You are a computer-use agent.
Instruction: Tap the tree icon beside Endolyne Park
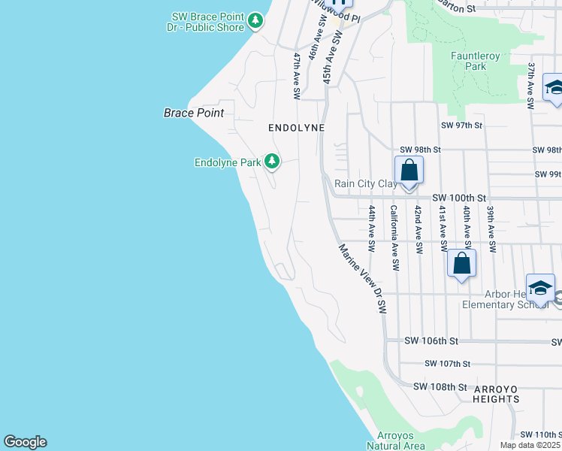click(x=272, y=162)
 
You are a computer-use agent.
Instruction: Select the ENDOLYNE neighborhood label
click(x=297, y=128)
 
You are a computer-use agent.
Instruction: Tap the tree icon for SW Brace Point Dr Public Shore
click(x=256, y=20)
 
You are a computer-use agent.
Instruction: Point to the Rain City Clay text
click(x=366, y=183)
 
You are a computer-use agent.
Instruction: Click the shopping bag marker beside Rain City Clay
click(x=409, y=171)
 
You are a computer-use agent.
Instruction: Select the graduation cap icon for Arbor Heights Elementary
click(x=540, y=289)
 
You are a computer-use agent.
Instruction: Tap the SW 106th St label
click(x=431, y=341)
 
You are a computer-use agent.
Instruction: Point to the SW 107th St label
click(x=448, y=364)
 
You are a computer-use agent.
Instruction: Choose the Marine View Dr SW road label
click(x=362, y=278)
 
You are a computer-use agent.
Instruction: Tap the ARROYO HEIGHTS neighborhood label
click(x=496, y=394)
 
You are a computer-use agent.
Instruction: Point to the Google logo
click(x=25, y=442)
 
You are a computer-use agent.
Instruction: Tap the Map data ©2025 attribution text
click(x=530, y=445)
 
